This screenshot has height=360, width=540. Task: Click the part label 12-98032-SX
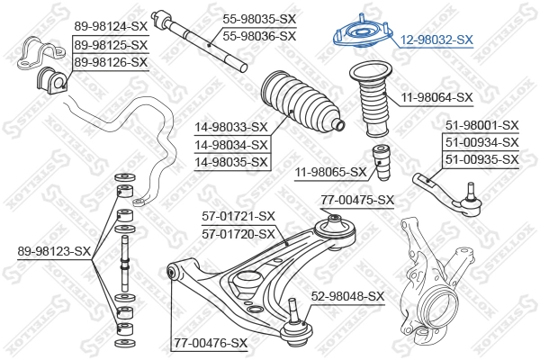click(x=436, y=40)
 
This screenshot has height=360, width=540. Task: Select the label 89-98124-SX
click(x=111, y=28)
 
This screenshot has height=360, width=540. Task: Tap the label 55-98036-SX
click(x=258, y=35)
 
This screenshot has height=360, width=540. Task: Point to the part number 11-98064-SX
click(x=436, y=97)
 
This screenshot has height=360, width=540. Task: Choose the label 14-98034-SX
click(x=231, y=145)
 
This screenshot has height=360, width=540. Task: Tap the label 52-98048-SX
click(x=347, y=295)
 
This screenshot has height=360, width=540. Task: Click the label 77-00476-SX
click(x=210, y=342)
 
